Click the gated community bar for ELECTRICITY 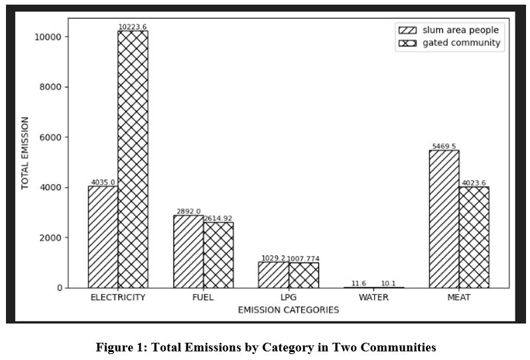pyautogui.click(x=133, y=159)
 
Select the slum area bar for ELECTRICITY pyautogui.click(x=103, y=237)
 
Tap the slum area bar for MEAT pyautogui.click(x=444, y=219)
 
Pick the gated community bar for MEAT pyautogui.click(x=474, y=237)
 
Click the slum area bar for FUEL pyautogui.click(x=188, y=251)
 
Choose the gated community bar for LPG pyautogui.click(x=303, y=275)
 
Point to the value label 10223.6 pyautogui.click(x=133, y=27)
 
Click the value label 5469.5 pyautogui.click(x=444, y=147)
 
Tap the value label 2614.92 pyautogui.click(x=218, y=218)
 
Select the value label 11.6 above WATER pyautogui.click(x=359, y=284)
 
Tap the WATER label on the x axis pyautogui.click(x=373, y=298)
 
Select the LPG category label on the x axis pyautogui.click(x=289, y=298)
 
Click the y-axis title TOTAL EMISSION pyautogui.click(x=25, y=153)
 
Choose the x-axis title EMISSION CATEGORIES pyautogui.click(x=288, y=310)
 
